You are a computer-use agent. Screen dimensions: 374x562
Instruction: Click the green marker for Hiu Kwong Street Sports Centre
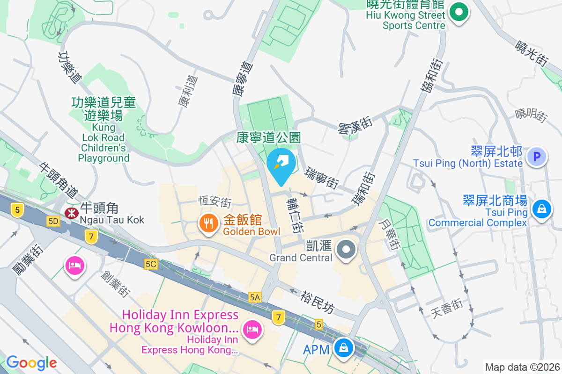pos(459,13)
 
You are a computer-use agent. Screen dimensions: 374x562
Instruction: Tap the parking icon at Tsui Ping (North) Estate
pos(537,156)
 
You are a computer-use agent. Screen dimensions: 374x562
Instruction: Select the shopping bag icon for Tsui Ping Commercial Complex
pos(542,208)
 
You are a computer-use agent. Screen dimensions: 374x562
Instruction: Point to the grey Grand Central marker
pos(347,249)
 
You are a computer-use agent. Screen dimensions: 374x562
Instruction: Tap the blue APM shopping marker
pos(344,348)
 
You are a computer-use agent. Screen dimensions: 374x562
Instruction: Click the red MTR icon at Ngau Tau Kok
pos(72,213)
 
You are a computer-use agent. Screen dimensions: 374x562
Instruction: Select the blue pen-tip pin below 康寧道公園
pos(281,164)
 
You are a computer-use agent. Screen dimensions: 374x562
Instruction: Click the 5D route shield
pos(53,221)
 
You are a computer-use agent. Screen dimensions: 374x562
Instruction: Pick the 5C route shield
pos(151,264)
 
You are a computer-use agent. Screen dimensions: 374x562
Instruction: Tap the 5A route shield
pos(255,297)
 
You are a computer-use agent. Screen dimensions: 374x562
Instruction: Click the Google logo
pos(31,362)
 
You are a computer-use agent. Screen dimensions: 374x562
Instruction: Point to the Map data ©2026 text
pos(522,367)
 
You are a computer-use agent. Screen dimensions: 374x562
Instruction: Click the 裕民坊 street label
pos(319,302)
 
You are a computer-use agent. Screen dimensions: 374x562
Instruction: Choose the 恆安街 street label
pos(215,202)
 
